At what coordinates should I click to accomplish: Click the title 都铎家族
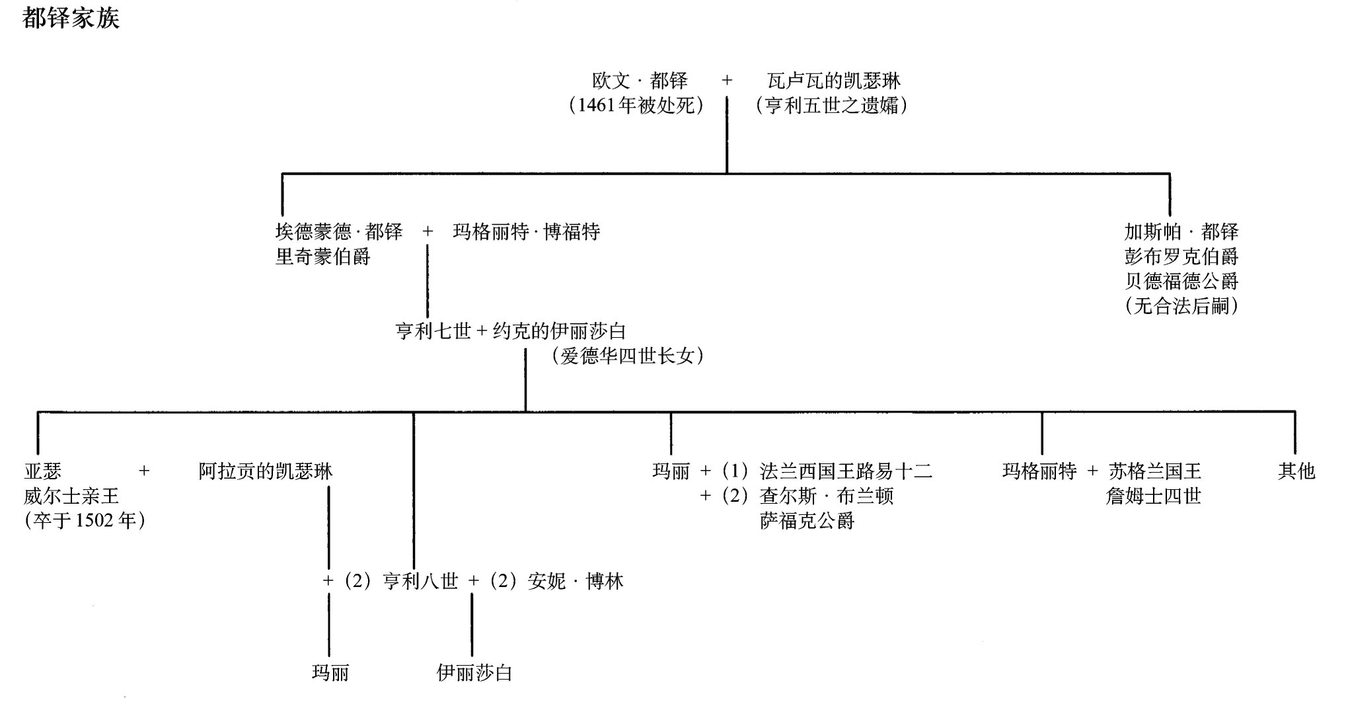71,18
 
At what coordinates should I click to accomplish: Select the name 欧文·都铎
640,81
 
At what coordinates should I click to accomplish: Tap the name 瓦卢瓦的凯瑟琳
834,81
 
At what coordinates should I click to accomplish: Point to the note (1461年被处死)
636,106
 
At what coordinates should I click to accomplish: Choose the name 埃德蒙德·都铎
338,232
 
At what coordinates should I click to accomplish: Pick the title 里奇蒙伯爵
322,256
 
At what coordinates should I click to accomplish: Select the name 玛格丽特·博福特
526,232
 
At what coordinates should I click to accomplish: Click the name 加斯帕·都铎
1181,232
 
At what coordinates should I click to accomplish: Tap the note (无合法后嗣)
1181,306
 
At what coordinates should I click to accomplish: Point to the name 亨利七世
433,331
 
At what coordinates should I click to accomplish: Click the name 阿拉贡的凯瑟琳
266,471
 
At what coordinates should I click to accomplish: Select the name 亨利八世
420,581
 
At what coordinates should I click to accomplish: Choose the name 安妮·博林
576,581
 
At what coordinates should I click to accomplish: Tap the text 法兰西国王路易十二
846,471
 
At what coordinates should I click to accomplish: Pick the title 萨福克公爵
807,521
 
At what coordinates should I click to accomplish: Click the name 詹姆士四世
1153,496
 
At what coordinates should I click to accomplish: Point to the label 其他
1296,471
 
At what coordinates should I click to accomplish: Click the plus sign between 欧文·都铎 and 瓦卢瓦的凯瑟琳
727,81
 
